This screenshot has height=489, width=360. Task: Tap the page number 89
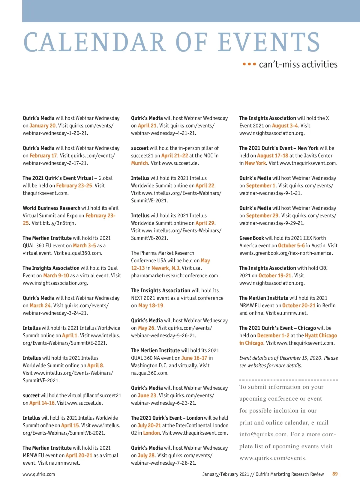[335, 474]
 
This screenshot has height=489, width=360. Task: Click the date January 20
[43, 126]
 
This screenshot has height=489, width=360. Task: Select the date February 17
[43, 156]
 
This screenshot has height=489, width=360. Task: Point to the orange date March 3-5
[84, 246]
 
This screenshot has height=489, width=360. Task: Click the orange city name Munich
[139, 163]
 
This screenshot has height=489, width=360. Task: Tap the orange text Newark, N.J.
[166, 268]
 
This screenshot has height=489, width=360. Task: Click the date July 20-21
[149, 425]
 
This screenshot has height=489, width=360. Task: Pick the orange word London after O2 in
[151, 433]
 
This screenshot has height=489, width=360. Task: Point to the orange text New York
[255, 163]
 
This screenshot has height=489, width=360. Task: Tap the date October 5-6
[291, 246]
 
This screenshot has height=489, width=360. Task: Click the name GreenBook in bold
[252, 238]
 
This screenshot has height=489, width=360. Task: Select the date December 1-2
[273, 335]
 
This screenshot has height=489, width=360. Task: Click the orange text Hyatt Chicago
[321, 335]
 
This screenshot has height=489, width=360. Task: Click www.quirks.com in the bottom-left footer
[39, 474]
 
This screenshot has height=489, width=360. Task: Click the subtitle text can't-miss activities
[298, 64]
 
